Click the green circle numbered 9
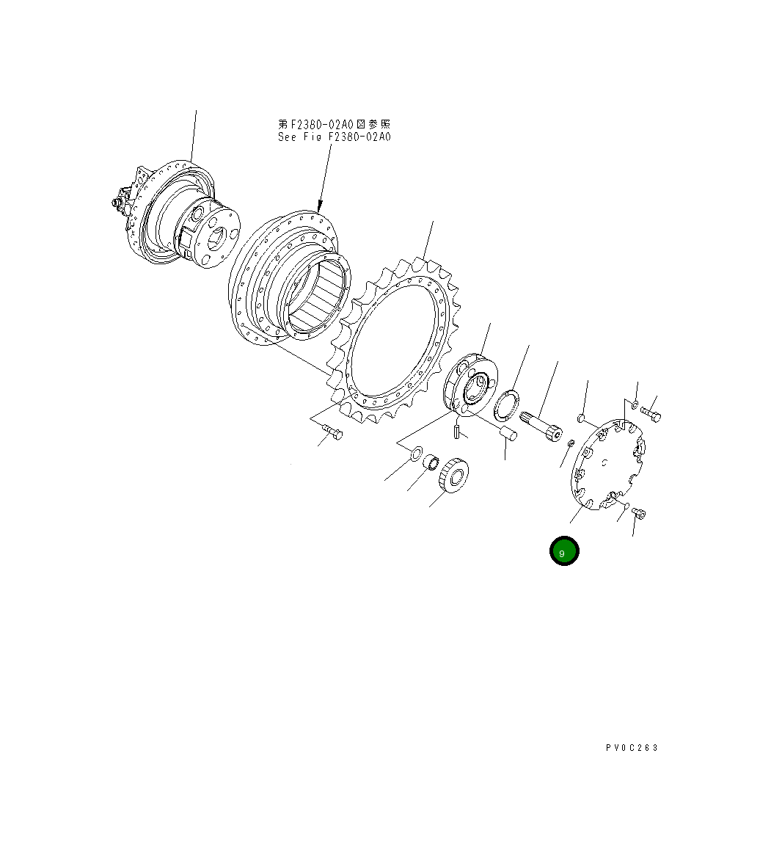point(564,552)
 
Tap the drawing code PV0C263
point(632,747)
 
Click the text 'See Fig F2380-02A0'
point(334,137)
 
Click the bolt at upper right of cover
point(651,415)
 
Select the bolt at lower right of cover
point(638,514)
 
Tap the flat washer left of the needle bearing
point(414,453)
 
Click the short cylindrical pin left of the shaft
point(508,433)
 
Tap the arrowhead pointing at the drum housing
point(320,206)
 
